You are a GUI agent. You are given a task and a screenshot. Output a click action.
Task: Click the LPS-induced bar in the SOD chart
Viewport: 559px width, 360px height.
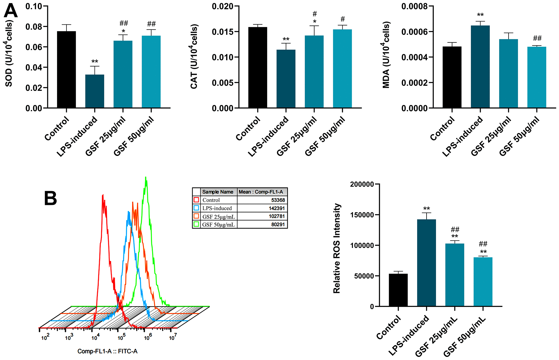coord(95,91)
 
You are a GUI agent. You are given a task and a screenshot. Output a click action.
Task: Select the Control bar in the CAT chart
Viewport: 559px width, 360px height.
coord(257,67)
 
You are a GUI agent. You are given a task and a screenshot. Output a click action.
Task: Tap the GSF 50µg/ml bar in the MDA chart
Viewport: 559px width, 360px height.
coord(537,77)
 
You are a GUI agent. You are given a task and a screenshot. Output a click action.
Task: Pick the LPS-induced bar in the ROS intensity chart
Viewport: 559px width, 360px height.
coord(426,263)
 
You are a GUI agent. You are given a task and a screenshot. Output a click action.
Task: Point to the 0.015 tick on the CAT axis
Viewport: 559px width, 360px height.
coord(222,32)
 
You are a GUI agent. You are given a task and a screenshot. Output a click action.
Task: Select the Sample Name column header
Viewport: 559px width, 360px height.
coord(218,192)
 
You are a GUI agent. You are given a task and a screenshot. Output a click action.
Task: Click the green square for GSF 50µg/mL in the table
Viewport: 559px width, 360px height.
coord(196,224)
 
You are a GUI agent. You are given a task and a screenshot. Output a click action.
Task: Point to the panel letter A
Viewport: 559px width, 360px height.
coord(11,11)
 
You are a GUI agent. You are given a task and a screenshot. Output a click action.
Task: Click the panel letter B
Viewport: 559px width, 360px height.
coord(50,198)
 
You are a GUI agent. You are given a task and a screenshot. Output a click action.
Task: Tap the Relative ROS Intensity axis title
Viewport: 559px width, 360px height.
coord(337,248)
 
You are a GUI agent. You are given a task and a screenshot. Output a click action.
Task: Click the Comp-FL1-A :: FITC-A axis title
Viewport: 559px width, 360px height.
coord(107,351)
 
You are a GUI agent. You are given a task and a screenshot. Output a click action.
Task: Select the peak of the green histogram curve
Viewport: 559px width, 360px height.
coord(146,178)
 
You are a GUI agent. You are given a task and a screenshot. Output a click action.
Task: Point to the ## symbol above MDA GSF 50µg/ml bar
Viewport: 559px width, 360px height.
coord(537,38)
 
